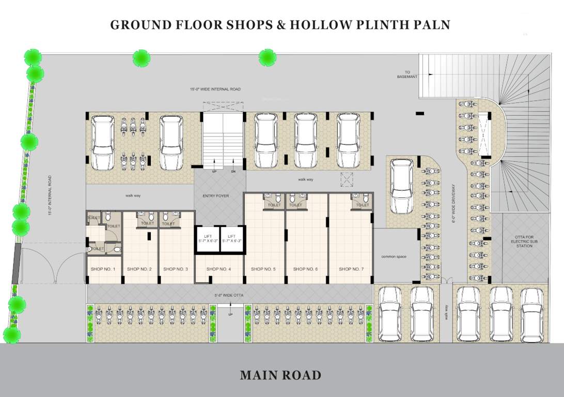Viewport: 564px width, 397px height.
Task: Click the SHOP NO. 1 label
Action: point(103,269)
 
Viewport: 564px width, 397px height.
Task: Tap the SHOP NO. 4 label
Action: point(218,269)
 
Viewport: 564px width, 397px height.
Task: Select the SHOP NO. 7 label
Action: point(351,269)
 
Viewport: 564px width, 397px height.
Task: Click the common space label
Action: point(394,257)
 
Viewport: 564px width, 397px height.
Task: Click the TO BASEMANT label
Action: point(407,74)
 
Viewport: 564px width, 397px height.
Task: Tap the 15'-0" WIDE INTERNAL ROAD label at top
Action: point(215,89)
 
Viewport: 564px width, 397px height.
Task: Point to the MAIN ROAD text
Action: point(280,375)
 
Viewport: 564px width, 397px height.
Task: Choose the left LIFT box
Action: point(208,239)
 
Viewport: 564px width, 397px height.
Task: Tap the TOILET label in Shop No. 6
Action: point(295,205)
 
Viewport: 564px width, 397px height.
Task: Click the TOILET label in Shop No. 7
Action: point(361,205)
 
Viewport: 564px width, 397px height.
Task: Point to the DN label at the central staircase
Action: point(233,171)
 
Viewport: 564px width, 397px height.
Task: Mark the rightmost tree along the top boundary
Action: point(267,57)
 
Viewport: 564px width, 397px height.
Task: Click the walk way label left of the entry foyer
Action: point(133,195)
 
